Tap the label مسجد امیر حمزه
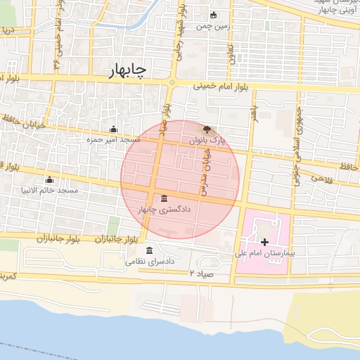pyautogui.click(x=113, y=140)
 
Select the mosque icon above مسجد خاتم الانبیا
pyautogui.click(x=49, y=179)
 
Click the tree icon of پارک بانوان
pyautogui.click(x=206, y=129)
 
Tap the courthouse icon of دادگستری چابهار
pyautogui.click(x=164, y=197)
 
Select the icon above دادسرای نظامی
pyautogui.click(x=148, y=250)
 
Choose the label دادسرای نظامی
pyautogui.click(x=149, y=262)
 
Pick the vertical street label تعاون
pyautogui.click(x=230, y=52)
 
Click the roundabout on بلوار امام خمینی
pyautogui.click(x=172, y=83)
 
